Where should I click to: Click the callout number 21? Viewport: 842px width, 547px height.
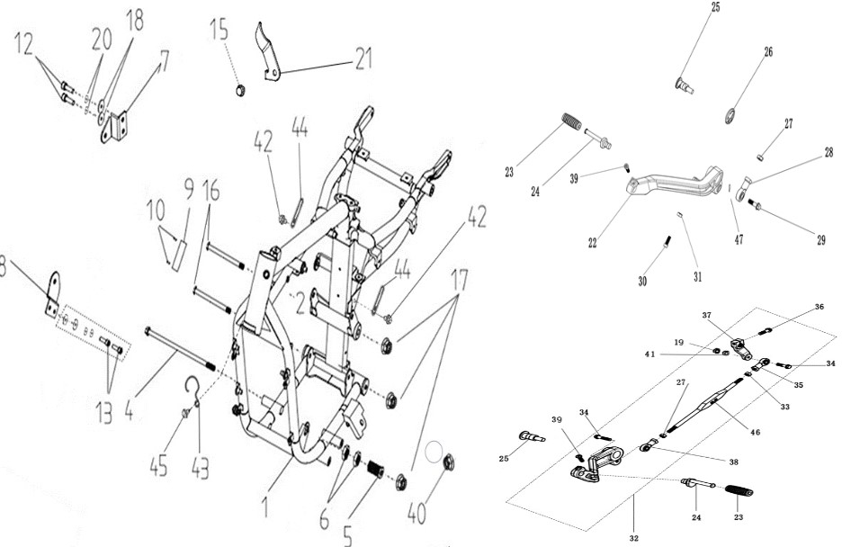tap(363, 58)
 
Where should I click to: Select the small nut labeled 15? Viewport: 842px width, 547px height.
tap(241, 89)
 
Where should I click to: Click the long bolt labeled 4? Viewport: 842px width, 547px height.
tap(180, 349)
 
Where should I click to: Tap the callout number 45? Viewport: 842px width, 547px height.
tap(159, 464)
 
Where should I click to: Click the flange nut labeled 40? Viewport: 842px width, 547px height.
tap(448, 462)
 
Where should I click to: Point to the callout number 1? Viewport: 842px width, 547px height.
tap(265, 507)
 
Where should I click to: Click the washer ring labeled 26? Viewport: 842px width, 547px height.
tap(730, 115)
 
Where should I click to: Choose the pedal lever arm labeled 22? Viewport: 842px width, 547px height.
tap(675, 184)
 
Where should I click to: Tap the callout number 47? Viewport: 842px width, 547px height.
tap(739, 239)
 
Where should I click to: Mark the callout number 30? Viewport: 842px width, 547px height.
tap(642, 281)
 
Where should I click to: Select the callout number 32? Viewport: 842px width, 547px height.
tap(634, 538)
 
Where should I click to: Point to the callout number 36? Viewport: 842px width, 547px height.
tap(819, 307)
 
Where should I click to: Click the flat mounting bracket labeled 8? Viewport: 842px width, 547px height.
tap(52, 295)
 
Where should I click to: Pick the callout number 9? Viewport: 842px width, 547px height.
tap(188, 190)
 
